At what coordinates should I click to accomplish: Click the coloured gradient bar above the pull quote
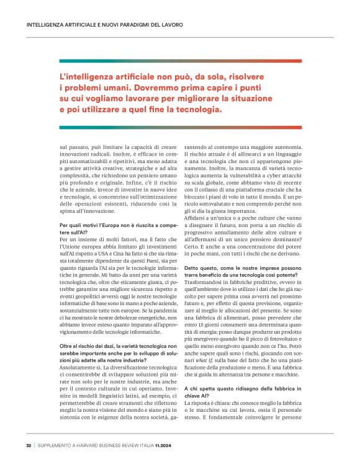180,61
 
